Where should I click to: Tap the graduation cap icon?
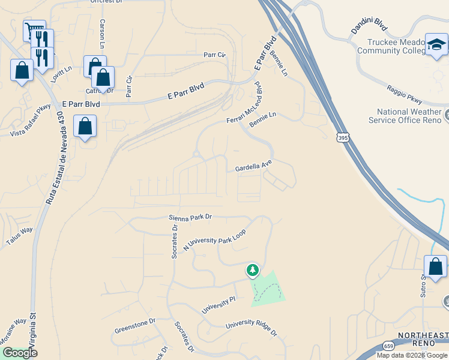pyautogui.click(x=436, y=44)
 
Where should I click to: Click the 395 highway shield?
pyautogui.click(x=342, y=138)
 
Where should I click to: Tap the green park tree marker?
pyautogui.click(x=253, y=270)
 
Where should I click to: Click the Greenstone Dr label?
pyautogui.click(x=134, y=325)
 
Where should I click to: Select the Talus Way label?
pyautogui.click(x=19, y=235)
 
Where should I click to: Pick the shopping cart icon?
pyautogui.click(x=34, y=30)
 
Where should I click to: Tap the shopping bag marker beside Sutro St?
pyautogui.click(x=435, y=266)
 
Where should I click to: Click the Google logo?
pyautogui.click(x=19, y=353)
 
